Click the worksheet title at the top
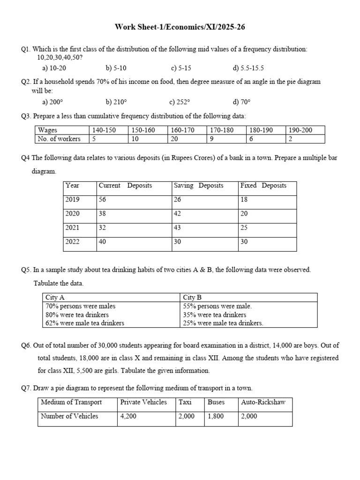(x=180, y=27)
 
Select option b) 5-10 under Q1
(x=116, y=68)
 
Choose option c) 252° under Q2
(x=180, y=102)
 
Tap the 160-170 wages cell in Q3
(x=183, y=130)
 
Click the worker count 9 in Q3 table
(x=212, y=139)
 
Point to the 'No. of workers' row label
(x=59, y=139)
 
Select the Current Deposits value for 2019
(x=103, y=200)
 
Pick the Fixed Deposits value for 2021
(x=244, y=228)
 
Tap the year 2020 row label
(x=73, y=214)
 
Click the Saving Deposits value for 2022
(x=178, y=242)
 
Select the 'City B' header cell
(x=192, y=298)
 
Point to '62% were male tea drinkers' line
(x=85, y=323)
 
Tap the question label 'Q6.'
(x=26, y=345)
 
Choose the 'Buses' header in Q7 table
(x=216, y=402)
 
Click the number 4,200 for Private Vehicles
(x=128, y=416)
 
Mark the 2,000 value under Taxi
(x=187, y=416)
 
